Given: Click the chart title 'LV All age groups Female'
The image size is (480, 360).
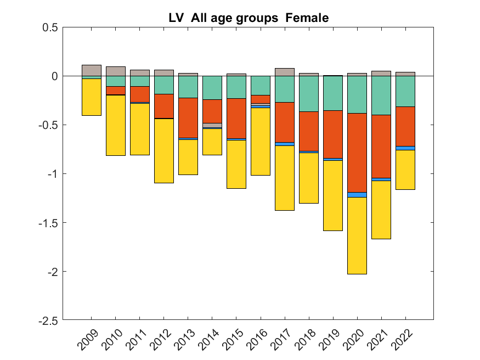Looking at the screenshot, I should coord(249,18).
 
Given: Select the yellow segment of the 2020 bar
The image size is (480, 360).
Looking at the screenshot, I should coord(357,235).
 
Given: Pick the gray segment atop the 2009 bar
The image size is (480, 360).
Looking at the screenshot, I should coord(92,70).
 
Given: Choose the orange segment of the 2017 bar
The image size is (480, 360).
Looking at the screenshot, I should coord(284,122).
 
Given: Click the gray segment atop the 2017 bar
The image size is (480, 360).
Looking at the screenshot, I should coord(284,72).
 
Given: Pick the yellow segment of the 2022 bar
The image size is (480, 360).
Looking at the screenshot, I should coord(405,170).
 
